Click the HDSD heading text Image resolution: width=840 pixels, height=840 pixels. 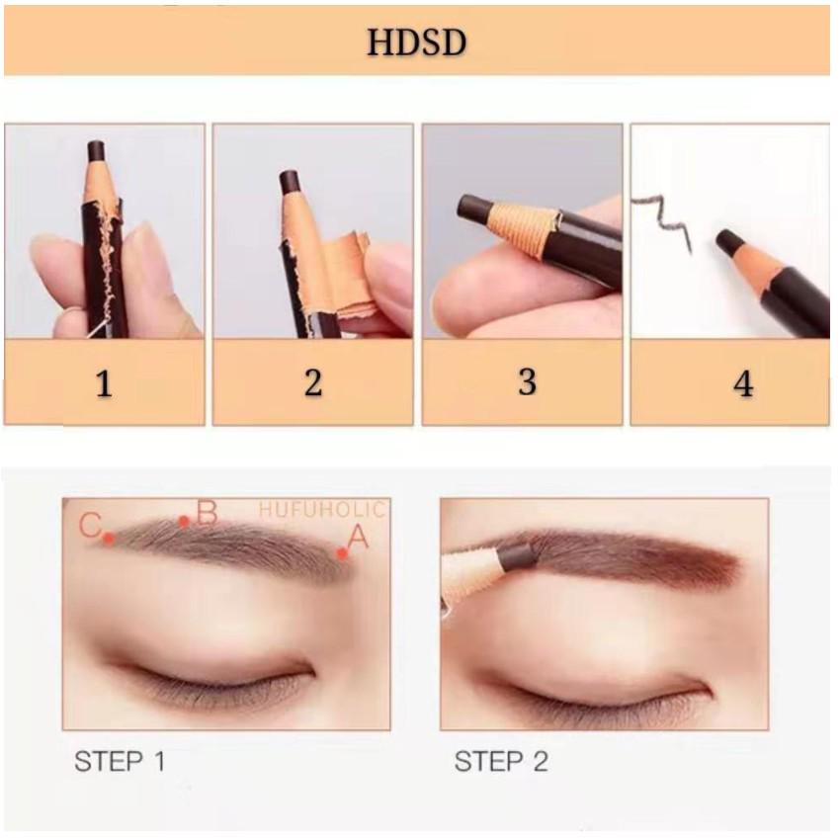coord(416,42)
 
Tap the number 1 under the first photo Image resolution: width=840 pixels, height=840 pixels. coord(104,383)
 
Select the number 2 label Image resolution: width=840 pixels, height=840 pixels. coord(313,382)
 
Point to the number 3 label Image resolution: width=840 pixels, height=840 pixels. coord(527,381)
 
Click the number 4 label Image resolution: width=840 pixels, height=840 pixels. coord(743,383)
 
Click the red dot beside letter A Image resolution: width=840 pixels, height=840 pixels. coord(342,553)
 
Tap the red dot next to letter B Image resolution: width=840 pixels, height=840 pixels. coord(184,521)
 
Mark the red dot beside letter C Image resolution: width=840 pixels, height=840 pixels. coord(109,538)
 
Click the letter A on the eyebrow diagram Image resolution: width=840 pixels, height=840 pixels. coord(358,537)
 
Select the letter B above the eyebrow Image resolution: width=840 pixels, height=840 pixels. coord(207,513)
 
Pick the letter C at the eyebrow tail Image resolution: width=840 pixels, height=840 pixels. coord(90,525)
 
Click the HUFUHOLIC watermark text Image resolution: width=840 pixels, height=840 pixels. coord(322,510)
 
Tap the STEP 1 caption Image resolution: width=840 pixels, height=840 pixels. coord(120,761)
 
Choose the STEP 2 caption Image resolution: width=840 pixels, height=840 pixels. coord(501,761)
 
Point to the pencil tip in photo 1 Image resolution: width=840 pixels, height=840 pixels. coord(96,150)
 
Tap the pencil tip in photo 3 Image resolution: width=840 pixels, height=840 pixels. coord(473,208)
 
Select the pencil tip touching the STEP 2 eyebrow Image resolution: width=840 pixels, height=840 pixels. coord(517,556)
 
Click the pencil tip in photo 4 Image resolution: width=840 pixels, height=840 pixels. coord(729,241)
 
